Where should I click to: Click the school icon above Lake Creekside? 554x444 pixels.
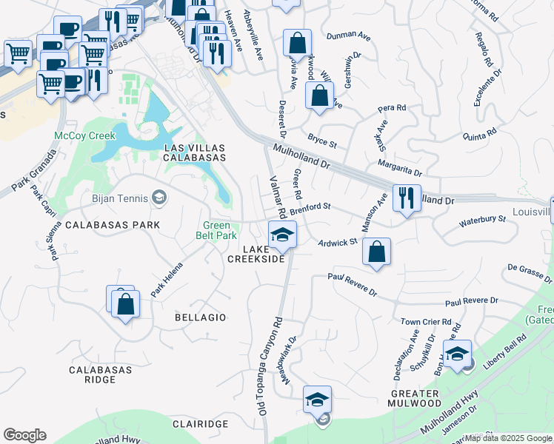(282, 236)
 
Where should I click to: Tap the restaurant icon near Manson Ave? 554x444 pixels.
(407, 198)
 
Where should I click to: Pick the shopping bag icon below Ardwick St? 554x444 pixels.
(377, 252)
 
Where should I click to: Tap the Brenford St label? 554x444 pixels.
(310, 209)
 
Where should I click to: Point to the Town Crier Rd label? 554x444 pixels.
(426, 322)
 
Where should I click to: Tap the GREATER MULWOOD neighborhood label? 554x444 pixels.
(415, 397)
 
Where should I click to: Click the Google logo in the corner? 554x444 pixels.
(25, 435)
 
